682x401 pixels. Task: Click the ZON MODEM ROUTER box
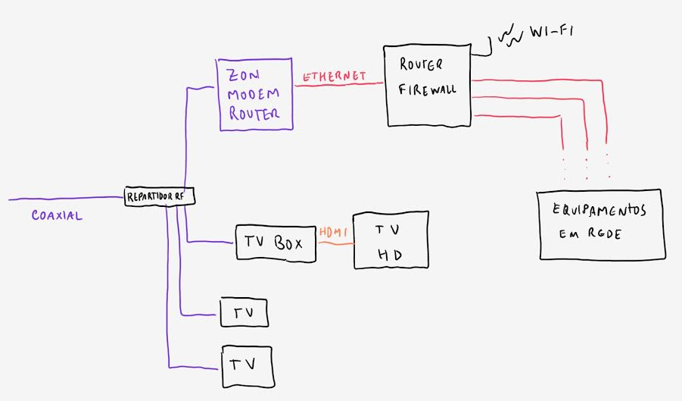coord(256,93)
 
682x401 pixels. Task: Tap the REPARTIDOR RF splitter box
coord(160,197)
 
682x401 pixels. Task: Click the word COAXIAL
coord(57,216)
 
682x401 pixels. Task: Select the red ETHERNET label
coord(335,77)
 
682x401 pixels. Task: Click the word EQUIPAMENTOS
coord(599,211)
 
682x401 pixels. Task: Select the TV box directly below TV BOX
coord(244,312)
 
